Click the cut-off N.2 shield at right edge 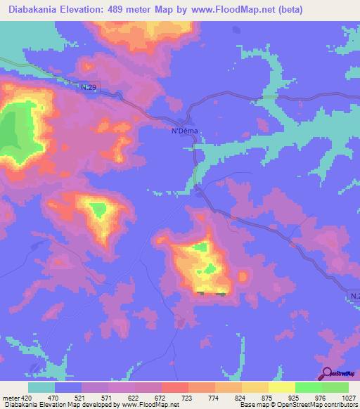[354, 297]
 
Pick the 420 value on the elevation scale [27, 397]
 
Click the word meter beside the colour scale [10, 397]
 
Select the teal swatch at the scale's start [41, 387]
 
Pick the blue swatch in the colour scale [68, 387]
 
